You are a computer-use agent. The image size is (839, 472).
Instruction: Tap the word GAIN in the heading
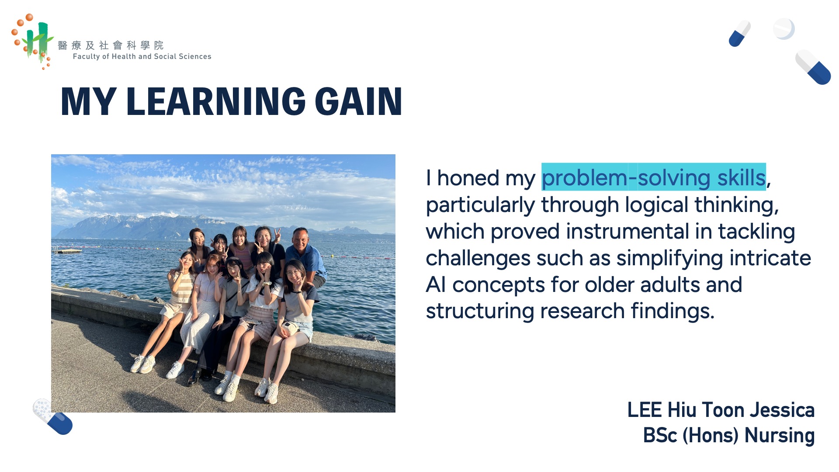358,101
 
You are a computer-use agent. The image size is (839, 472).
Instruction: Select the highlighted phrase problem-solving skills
654,177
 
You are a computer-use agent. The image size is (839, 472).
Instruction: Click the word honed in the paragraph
468,178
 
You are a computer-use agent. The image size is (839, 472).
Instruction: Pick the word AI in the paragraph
436,285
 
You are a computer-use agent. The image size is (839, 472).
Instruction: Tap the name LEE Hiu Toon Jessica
721,410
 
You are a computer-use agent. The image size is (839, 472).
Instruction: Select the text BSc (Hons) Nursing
729,435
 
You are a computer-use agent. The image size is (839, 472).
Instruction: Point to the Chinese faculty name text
111,45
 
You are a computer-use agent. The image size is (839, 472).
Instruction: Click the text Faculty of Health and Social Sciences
142,56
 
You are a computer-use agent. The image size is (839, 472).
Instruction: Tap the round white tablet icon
784,29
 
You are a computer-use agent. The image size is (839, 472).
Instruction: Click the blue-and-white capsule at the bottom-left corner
53,416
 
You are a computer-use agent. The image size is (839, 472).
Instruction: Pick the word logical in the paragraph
657,205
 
